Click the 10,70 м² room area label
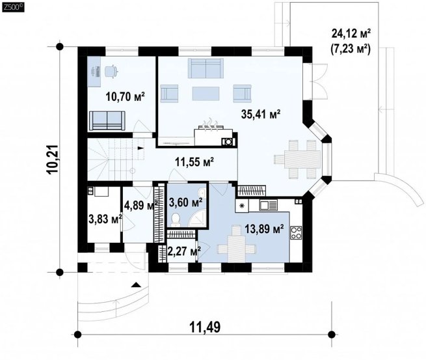click(x=125, y=96)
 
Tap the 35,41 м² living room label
click(x=261, y=114)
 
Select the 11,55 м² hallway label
click(x=194, y=162)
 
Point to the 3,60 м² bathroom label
click(x=185, y=202)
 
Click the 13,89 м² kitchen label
click(x=264, y=229)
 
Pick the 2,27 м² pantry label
click(x=184, y=251)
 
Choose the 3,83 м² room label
click(x=105, y=219)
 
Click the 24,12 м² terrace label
click(x=351, y=34)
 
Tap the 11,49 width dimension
click(x=205, y=327)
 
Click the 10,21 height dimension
click(x=52, y=159)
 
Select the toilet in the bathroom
click(x=176, y=219)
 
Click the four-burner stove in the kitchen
click(x=296, y=232)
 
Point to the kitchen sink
click(x=268, y=205)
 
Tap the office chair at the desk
click(x=111, y=71)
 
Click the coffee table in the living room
click(x=206, y=94)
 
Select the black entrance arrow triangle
click(x=136, y=284)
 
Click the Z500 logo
click(x=13, y=8)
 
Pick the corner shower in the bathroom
click(x=198, y=219)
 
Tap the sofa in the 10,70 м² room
click(x=107, y=120)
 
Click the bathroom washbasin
click(x=202, y=193)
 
